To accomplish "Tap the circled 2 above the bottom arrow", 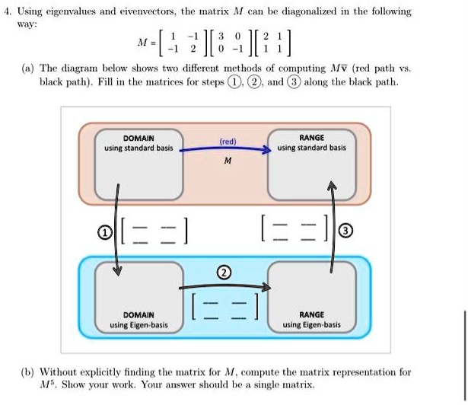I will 224,273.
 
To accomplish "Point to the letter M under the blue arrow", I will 227,162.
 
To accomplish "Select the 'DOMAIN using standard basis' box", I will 138,163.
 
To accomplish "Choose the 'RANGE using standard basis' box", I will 312,163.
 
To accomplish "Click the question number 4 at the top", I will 6,11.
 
